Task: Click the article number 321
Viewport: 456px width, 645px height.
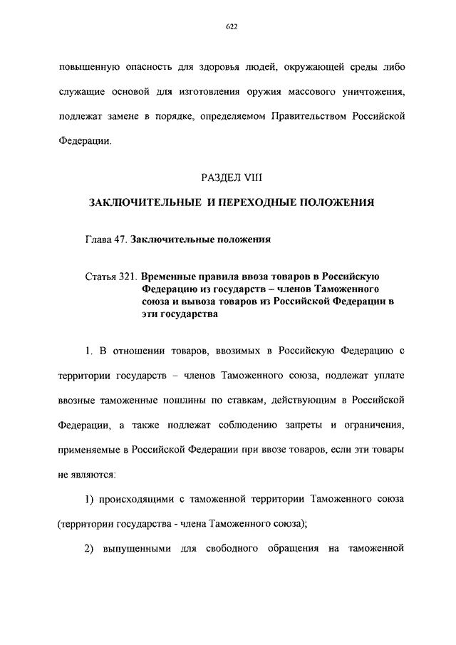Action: [x=128, y=276]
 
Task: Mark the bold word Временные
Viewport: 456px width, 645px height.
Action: [x=170, y=276]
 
